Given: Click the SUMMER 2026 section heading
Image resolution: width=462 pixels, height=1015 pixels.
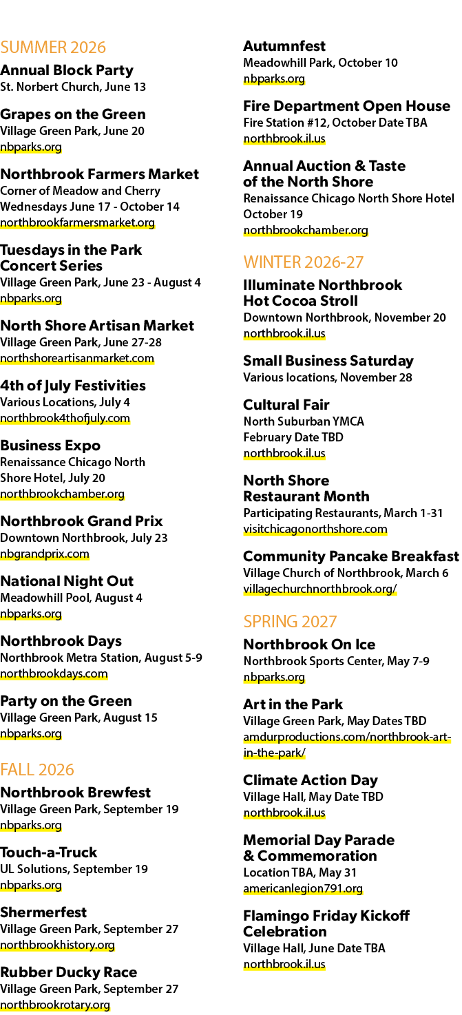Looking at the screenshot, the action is tap(53, 47).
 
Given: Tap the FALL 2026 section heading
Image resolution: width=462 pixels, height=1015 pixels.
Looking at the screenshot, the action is tap(37, 769).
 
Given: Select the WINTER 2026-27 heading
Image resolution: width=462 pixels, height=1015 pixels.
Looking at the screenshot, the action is tap(304, 262).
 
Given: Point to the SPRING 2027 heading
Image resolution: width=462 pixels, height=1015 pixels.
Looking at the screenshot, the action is tap(290, 621).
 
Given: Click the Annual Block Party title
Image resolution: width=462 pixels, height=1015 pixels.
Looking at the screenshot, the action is tap(67, 70).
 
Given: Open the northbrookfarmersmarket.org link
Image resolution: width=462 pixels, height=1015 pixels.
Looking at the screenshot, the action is tap(77, 222).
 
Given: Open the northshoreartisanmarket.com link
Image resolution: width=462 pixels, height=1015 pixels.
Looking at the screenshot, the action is tap(77, 358).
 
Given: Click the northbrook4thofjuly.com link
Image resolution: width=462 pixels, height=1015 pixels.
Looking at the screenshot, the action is tap(65, 418).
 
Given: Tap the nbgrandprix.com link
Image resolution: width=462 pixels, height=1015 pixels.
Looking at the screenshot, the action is tap(45, 554).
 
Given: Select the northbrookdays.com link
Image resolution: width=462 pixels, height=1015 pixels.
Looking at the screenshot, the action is tap(54, 673).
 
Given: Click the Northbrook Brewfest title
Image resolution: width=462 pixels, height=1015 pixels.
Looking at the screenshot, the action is tap(76, 792).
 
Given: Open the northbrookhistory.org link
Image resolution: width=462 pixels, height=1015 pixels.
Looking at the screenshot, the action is tap(58, 945).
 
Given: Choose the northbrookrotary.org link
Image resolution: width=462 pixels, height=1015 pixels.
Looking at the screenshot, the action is tap(55, 1005).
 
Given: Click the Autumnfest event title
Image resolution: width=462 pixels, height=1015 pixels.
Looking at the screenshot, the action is tap(284, 45).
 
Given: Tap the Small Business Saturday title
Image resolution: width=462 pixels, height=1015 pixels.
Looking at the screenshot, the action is tap(328, 361).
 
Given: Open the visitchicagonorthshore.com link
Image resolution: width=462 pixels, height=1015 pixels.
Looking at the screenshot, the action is tap(315, 529).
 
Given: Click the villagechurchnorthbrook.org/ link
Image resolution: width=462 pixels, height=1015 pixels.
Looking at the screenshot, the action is tap(320, 589).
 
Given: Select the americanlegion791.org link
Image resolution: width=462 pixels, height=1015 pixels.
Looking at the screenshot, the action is tap(303, 888).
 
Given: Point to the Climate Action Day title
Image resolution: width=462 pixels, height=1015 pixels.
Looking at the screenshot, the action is tap(311, 779).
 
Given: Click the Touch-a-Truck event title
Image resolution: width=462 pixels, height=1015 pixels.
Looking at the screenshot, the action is tap(49, 852).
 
